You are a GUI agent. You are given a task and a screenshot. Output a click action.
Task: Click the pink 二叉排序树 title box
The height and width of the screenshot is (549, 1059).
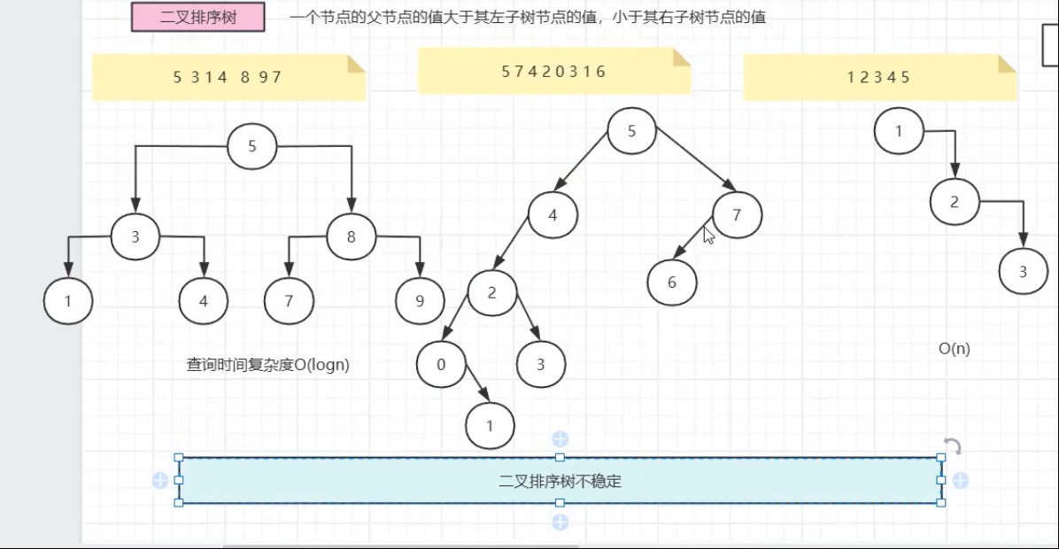point(198,17)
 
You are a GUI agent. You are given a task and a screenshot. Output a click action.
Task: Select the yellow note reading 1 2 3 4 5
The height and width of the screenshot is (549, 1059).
point(879,77)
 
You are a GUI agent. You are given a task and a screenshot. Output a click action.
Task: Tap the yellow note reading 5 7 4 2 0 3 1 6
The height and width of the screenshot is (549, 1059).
point(554,72)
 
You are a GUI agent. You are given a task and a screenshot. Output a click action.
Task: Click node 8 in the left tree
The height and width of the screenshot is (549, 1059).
point(352,236)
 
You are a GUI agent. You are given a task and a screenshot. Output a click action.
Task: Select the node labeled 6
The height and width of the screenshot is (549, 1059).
point(672,282)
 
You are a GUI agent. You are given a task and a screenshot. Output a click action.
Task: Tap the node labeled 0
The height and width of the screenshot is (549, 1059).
point(441,364)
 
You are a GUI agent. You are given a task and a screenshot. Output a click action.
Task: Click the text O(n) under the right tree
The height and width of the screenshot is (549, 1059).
point(954,348)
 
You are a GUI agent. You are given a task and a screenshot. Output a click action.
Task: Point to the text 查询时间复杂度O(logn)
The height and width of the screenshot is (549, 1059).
point(267,365)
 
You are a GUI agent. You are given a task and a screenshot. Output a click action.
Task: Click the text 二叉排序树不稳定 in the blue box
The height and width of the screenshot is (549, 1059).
point(560,482)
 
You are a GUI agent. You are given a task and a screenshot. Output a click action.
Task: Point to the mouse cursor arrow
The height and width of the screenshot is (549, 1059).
point(708,235)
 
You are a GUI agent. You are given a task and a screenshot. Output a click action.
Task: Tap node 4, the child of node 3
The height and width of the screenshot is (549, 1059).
point(204,301)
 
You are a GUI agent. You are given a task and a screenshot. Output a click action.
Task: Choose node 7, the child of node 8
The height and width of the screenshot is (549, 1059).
point(289,301)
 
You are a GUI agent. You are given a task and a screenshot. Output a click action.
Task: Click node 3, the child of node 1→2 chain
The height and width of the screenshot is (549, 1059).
point(1024,272)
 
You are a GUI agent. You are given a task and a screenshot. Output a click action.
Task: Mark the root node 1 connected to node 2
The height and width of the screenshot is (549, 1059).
point(899,131)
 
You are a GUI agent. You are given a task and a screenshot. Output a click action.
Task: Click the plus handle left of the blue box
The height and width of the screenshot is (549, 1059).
point(160,481)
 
